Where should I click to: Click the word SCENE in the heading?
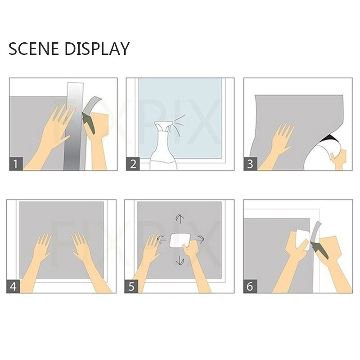pyautogui.click(x=33, y=49)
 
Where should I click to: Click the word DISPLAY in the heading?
pyautogui.click(x=97, y=49)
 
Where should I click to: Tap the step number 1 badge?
pyautogui.click(x=16, y=164)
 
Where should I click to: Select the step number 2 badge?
pyautogui.click(x=133, y=164)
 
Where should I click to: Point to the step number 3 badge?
pyautogui.click(x=250, y=164)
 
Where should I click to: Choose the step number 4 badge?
pyautogui.click(x=13, y=286)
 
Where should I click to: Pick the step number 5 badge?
pyautogui.click(x=131, y=286)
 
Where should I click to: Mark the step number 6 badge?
pyautogui.click(x=250, y=286)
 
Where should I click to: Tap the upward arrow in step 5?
pyautogui.click(x=180, y=219)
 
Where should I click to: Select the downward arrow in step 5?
pyautogui.click(x=180, y=261)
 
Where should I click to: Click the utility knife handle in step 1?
pyautogui.click(x=89, y=125)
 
